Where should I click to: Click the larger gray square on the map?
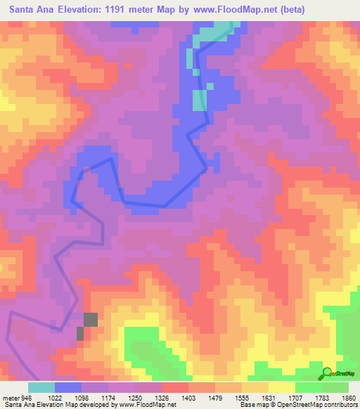[x=91, y=320]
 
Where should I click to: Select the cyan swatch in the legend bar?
[x=41, y=387]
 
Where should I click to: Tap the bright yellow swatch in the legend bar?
[x=282, y=387]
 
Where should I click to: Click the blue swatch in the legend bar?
[x=68, y=387]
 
